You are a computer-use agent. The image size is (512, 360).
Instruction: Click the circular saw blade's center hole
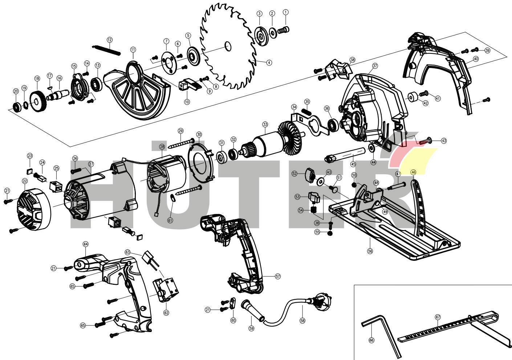tap(228, 46)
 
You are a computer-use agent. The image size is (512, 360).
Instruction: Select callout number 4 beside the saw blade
tap(269, 62)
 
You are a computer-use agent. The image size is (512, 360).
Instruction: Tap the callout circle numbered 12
tap(110, 40)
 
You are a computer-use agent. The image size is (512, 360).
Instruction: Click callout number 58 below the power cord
tap(302, 321)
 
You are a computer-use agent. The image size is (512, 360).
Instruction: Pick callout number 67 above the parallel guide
tap(438, 317)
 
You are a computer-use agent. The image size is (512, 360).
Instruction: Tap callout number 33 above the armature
tap(265, 124)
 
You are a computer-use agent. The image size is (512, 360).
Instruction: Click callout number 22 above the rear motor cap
tap(25, 181)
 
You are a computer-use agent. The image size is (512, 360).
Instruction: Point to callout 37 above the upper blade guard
tap(375, 66)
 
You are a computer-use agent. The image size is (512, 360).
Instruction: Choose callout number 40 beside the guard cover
tap(476, 58)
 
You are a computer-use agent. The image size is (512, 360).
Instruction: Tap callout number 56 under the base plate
tap(370, 251)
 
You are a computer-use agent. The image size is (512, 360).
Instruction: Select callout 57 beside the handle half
tap(278, 276)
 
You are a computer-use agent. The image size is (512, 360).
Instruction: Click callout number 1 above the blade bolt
tap(285, 12)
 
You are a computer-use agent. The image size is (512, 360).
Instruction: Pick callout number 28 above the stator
tap(162, 147)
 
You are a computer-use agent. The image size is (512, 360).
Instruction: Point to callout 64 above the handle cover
tap(86, 244)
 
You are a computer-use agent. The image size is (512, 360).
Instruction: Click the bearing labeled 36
tap(332, 125)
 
